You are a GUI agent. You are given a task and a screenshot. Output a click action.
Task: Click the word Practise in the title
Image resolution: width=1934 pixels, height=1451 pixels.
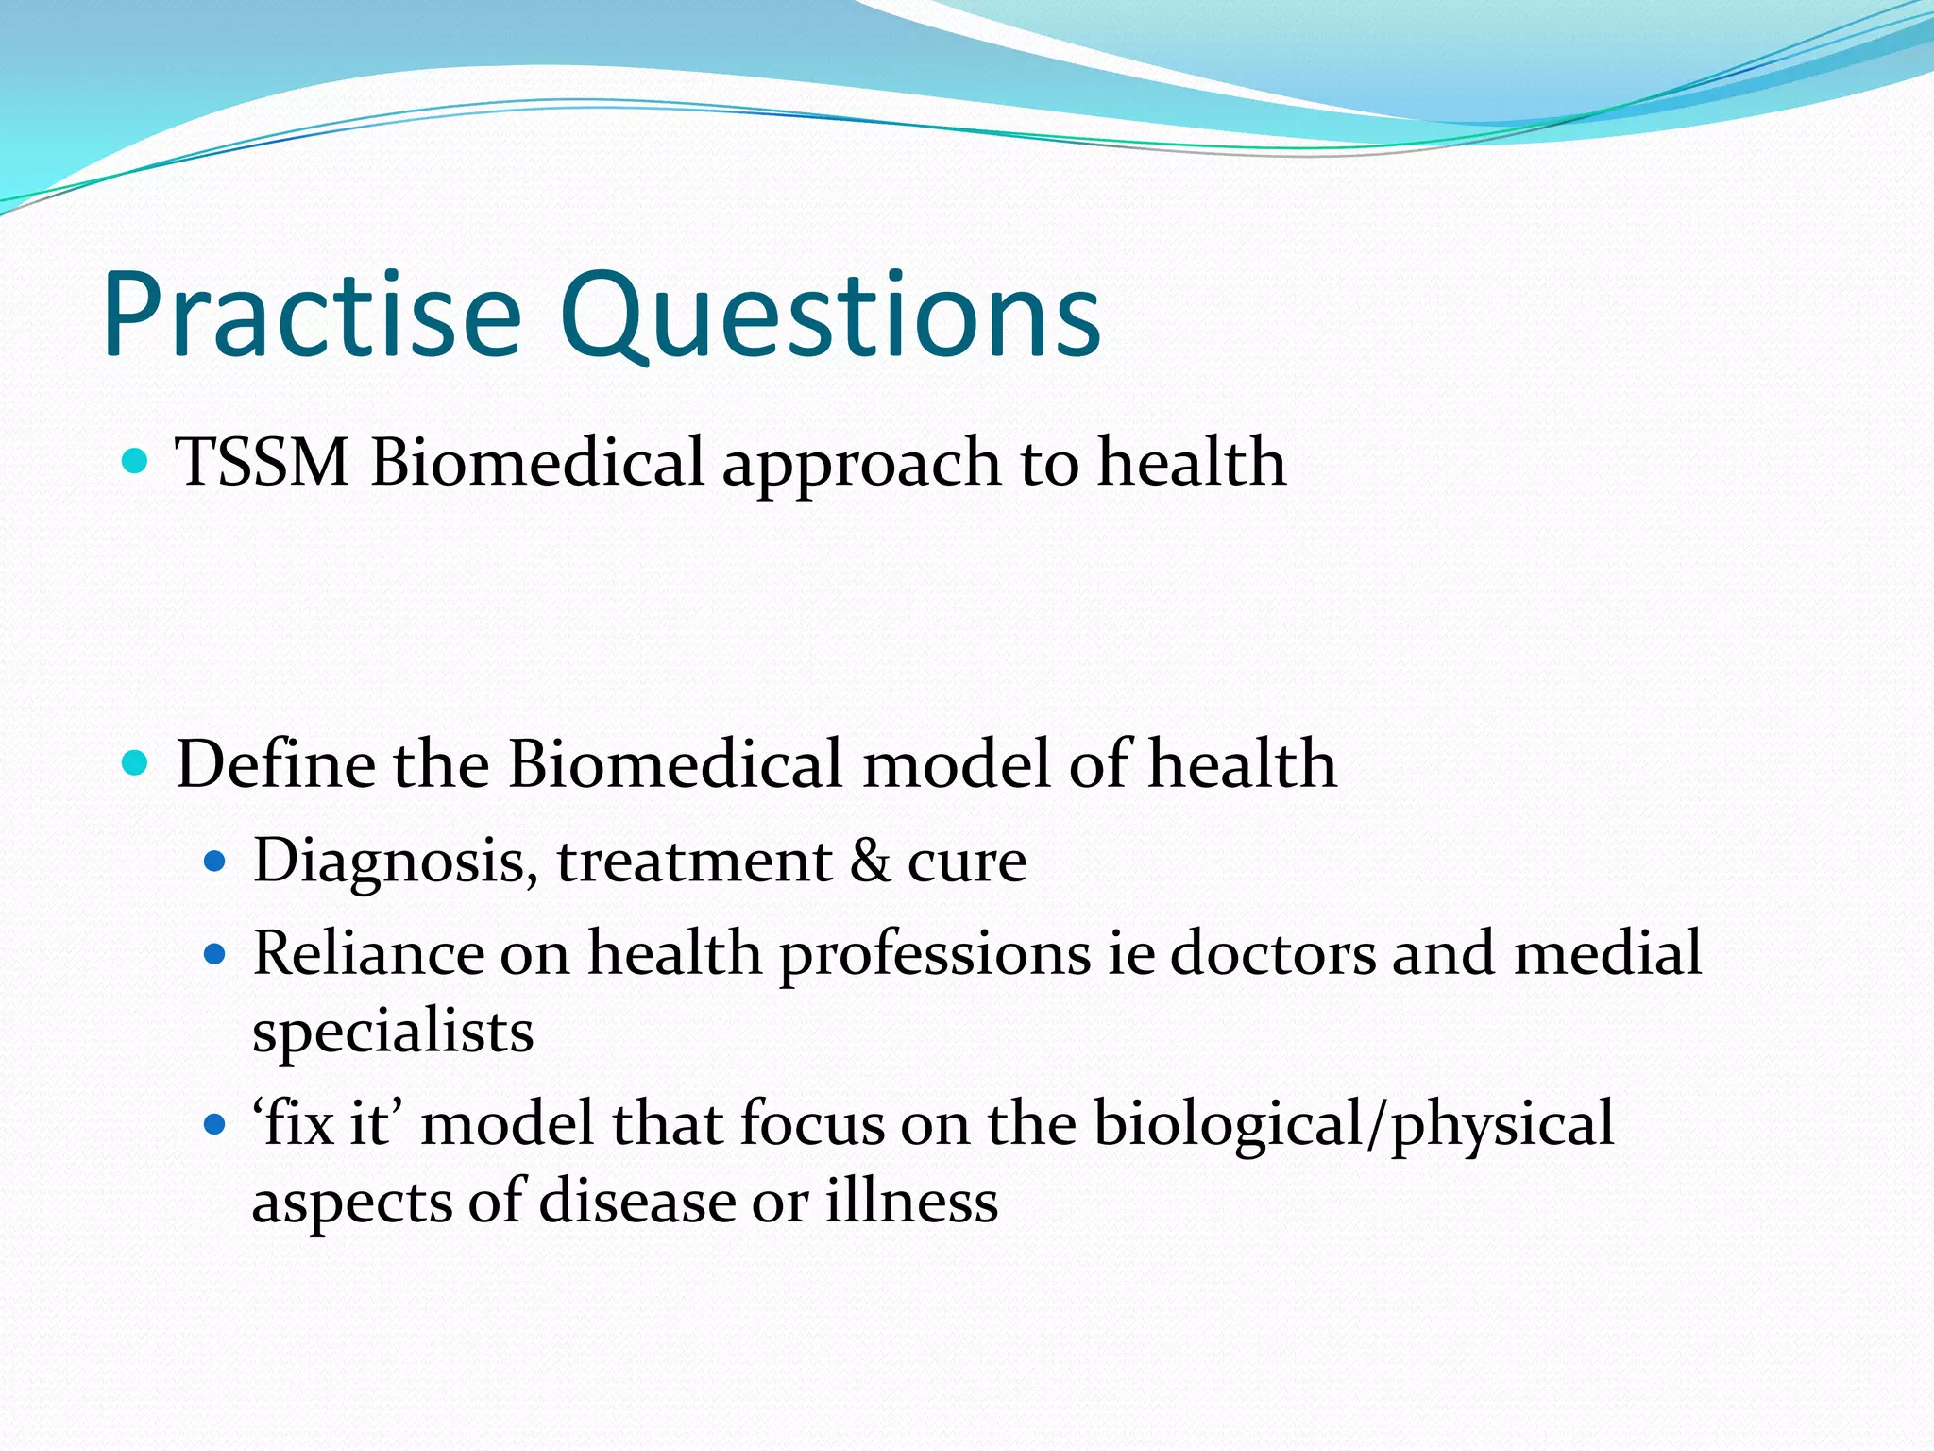tap(312, 316)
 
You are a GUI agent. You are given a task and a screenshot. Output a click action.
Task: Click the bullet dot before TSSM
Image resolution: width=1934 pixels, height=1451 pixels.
tap(136, 462)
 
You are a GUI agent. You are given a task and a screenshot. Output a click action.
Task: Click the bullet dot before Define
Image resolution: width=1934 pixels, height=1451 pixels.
tap(136, 762)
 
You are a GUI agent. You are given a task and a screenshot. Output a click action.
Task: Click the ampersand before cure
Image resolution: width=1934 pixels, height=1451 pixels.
tap(870, 862)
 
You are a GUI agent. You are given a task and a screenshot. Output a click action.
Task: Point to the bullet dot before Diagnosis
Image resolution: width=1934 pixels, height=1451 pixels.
tap(216, 862)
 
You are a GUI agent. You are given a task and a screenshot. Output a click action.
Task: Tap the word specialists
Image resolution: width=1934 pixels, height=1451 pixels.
tap(393, 1032)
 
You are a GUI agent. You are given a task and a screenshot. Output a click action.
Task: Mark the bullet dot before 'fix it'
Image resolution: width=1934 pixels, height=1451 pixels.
tap(216, 1124)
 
